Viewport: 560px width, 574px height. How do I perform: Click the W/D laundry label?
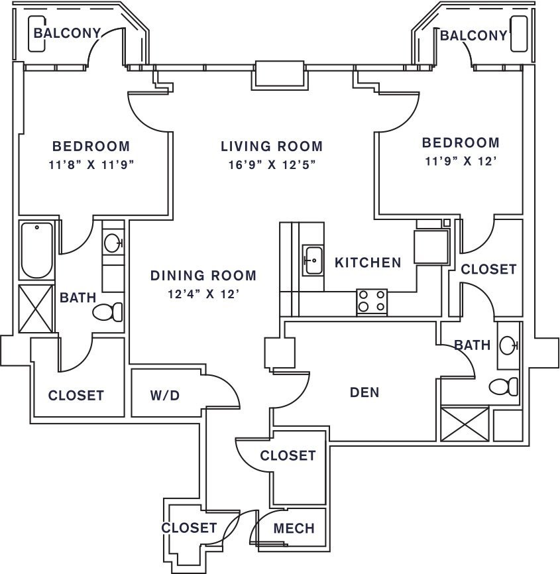(164, 396)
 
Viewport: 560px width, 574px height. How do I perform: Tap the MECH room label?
(294, 528)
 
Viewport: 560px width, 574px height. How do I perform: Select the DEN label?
(364, 392)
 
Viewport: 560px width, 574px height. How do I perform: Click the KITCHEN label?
(368, 262)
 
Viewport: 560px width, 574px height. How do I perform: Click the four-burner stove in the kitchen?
(372, 302)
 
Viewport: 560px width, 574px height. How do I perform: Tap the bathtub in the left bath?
(36, 251)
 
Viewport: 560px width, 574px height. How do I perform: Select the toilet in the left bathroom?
(107, 311)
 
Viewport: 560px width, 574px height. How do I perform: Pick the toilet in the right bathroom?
(504, 386)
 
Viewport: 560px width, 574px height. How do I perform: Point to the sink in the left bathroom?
(113, 242)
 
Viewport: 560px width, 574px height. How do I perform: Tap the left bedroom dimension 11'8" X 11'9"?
(91, 165)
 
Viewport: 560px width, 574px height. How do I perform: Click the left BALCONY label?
(67, 33)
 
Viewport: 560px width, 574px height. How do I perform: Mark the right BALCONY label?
(473, 35)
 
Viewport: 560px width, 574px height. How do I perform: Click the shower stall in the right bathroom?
(465, 424)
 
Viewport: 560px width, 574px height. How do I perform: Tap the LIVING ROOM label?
(272, 146)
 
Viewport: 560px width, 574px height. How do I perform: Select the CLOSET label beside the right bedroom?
(488, 269)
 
